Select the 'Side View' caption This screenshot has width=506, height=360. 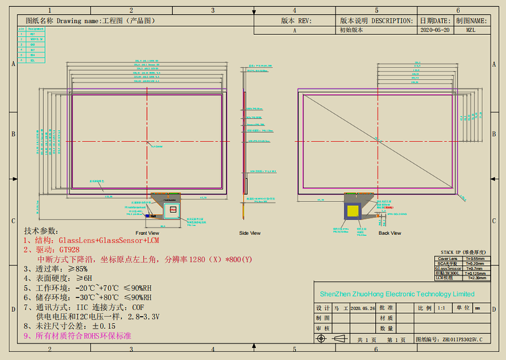coord(250,233)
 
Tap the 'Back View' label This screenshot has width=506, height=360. coord(389,233)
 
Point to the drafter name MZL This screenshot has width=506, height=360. coord(470,30)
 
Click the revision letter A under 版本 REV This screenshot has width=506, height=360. coord(295,30)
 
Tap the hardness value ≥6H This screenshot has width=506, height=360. coord(84,278)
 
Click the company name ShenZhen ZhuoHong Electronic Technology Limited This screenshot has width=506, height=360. coord(397,294)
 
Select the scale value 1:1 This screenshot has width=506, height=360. coord(443,307)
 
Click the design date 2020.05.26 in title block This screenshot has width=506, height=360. coord(364,307)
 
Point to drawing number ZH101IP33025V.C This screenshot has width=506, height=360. coord(462,340)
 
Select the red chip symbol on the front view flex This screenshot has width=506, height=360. coord(173,210)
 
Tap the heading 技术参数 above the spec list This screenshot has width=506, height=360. coord(41,230)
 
